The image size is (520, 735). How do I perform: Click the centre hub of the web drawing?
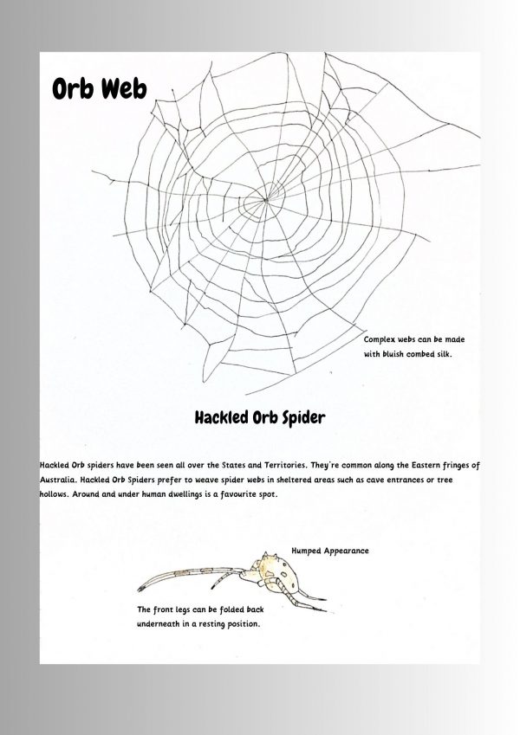[257, 204]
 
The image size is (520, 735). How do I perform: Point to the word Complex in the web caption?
[383, 341]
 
